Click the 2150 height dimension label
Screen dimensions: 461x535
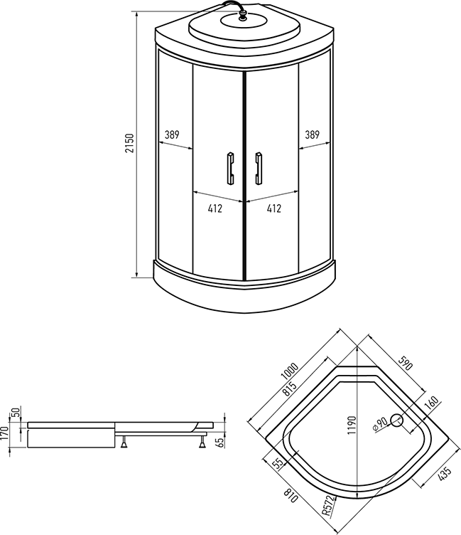point(130,143)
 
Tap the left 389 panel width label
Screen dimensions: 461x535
point(172,134)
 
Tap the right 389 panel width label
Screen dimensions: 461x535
point(312,134)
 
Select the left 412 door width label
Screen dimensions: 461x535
point(215,208)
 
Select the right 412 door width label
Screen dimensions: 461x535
point(274,208)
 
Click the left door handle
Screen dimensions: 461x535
point(231,169)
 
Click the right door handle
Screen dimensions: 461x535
point(259,169)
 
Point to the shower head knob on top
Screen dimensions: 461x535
point(243,16)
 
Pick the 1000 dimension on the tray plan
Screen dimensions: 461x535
point(290,371)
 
